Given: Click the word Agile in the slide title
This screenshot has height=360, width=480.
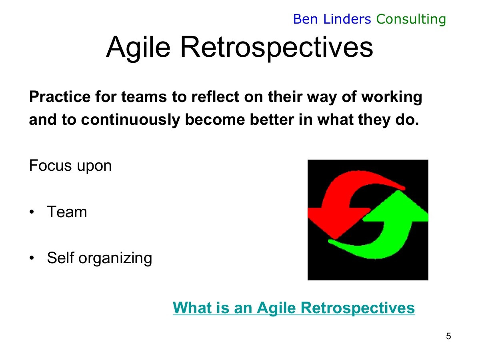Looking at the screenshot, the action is (x=138, y=48).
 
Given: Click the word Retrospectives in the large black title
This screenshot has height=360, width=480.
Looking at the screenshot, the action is (x=277, y=48).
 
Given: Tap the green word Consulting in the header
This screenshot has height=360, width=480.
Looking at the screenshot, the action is (x=411, y=20).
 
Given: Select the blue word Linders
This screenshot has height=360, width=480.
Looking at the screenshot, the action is (x=347, y=19).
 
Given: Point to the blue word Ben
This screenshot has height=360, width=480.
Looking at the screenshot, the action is (x=305, y=19).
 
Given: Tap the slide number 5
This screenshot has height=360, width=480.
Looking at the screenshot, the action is (x=448, y=336).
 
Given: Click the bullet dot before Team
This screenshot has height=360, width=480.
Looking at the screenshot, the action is (x=32, y=212).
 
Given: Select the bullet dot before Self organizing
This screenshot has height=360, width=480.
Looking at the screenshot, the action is (x=32, y=258).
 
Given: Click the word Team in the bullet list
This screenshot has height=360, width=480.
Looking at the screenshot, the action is (x=67, y=212).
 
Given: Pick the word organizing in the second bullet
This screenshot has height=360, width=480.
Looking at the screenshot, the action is (x=115, y=259).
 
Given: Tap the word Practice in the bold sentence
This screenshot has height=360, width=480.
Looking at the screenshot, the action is (x=60, y=97).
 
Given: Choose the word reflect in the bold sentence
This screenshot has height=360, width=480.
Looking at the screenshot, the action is (x=215, y=97).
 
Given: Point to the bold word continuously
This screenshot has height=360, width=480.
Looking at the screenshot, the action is (x=130, y=120).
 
